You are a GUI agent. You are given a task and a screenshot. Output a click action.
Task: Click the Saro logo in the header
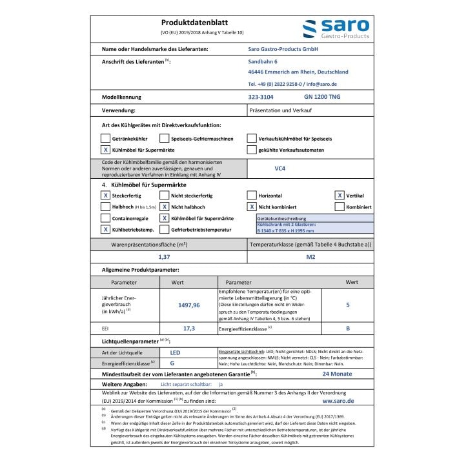coord(336,28)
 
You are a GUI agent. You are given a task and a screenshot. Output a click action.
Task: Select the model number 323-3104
coord(261,97)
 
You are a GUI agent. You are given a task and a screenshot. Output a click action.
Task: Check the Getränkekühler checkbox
coord(105,138)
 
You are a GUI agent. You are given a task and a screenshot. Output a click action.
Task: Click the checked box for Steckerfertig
coord(105,194)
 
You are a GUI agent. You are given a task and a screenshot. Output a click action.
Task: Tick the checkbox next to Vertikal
coord(340,194)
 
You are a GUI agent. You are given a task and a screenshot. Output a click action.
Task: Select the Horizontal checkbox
coord(252,194)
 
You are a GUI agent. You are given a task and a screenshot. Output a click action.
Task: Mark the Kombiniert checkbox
coord(340,207)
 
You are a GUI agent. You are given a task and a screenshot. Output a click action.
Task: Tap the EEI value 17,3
coord(189,328)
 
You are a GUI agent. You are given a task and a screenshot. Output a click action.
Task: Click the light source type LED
coord(175,353)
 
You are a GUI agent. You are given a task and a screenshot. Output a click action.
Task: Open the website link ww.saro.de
coord(338,400)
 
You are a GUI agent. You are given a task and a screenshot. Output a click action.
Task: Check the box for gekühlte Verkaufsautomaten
coord(252,150)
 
